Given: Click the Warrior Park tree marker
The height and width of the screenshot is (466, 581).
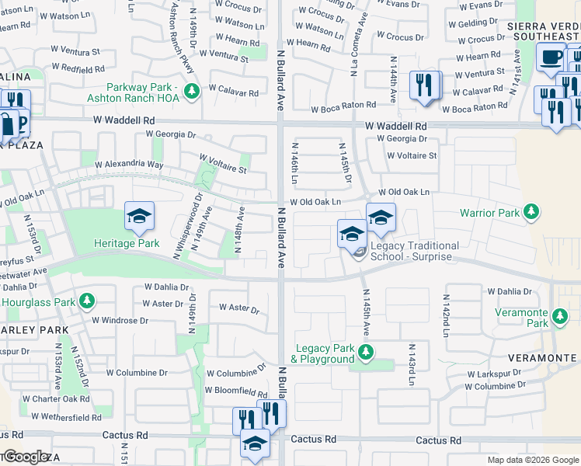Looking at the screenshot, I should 531,211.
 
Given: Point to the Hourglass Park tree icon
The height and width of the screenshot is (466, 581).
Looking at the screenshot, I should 86,301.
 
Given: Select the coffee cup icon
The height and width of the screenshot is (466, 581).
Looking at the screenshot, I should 551,57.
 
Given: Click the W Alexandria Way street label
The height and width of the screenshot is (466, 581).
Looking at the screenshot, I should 129,165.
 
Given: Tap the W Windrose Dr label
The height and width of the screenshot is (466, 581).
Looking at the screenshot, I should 120,320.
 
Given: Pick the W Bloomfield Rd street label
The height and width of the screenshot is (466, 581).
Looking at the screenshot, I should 236,391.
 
